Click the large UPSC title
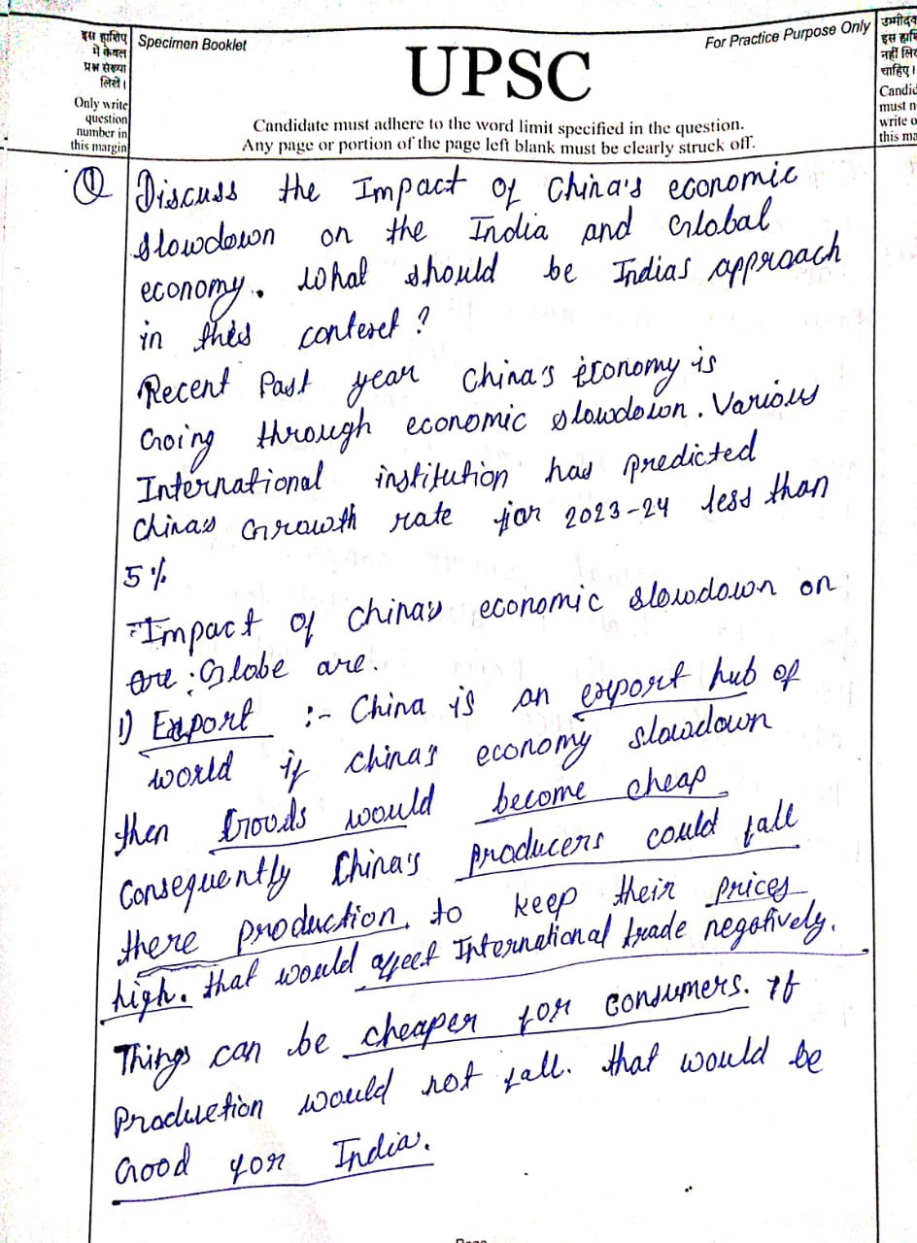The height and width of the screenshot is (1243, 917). [499, 75]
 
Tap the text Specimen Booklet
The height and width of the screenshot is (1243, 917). [192, 44]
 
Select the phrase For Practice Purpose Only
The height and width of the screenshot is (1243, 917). [787, 36]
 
